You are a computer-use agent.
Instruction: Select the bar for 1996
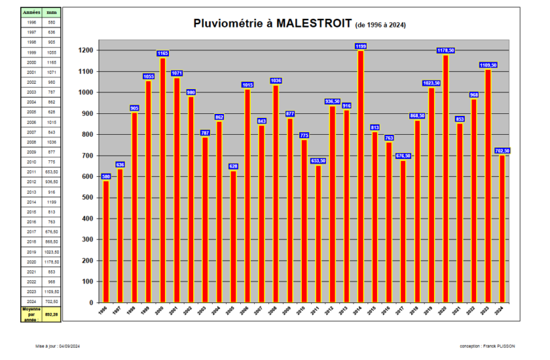tap(106, 241)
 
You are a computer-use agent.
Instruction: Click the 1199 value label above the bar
tap(361, 46)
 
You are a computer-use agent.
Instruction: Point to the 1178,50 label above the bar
tap(446, 50)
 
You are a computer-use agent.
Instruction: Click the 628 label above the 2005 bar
tap(233, 166)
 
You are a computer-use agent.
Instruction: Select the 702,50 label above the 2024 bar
tap(502, 151)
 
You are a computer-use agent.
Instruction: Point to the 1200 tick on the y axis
tap(85, 50)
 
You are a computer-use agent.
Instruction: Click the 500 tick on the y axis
tap(87, 197)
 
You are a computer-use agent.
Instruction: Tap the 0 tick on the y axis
tap(91, 302)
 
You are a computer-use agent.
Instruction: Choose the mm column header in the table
tap(52, 12)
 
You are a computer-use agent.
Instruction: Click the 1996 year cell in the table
tap(32, 22)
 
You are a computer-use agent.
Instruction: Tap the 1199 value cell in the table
tap(52, 202)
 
